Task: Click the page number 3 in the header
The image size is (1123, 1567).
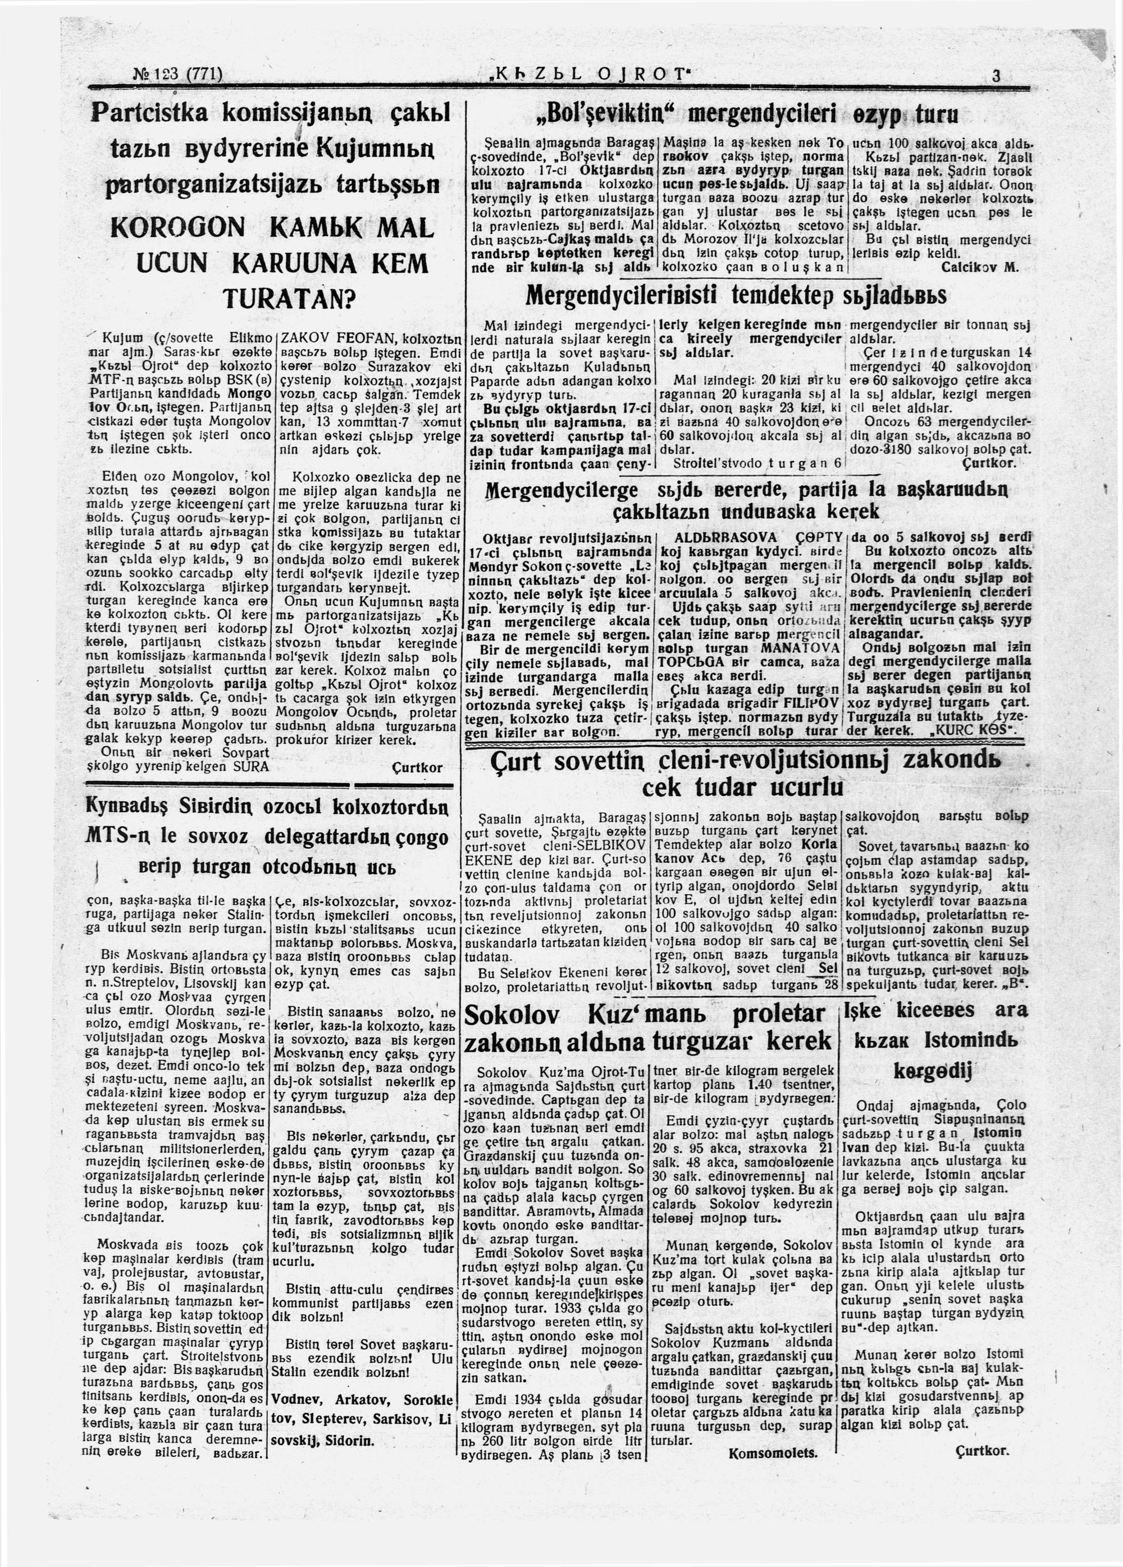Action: tap(996, 76)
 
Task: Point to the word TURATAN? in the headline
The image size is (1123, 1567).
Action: tap(289, 299)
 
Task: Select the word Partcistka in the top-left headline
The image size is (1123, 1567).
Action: tap(149, 113)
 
